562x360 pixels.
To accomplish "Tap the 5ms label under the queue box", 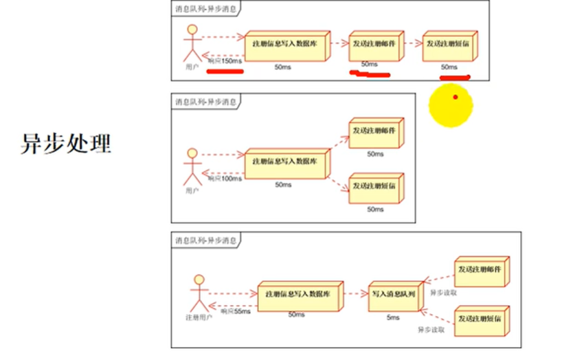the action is point(393,317).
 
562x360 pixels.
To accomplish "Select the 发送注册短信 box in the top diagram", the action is point(451,45).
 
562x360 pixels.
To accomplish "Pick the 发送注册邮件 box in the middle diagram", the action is point(374,132).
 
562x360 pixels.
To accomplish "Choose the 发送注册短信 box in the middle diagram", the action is point(374,186).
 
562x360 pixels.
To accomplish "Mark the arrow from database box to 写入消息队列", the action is point(355,293).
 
